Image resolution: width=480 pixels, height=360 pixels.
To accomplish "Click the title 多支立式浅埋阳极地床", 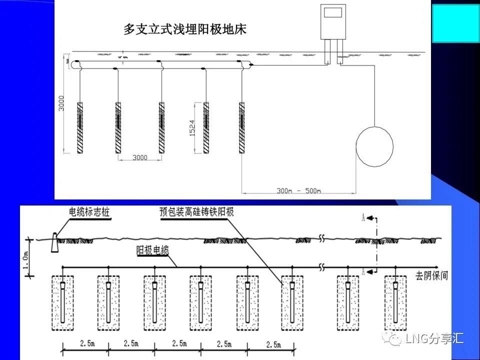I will (185, 29).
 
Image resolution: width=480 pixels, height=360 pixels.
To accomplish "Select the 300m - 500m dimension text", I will (299, 190).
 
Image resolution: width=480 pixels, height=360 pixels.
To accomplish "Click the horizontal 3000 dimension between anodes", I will (140, 157).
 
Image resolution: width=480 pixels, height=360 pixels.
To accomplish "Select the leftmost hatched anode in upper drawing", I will (80, 127).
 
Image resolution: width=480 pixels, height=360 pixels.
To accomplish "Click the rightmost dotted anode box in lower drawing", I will (395, 302).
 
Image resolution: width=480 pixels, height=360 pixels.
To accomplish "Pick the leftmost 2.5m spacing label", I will (85, 345).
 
